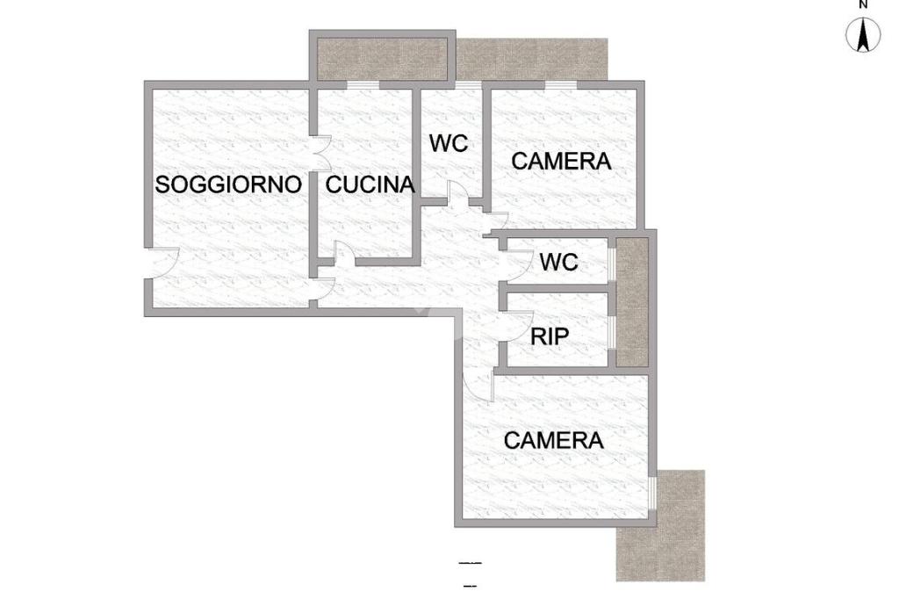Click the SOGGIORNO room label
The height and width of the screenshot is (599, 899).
tap(228, 184)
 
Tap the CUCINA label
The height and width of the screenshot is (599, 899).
tap(370, 184)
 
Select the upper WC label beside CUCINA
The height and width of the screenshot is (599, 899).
tap(449, 143)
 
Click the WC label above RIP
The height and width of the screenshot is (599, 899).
tap(558, 263)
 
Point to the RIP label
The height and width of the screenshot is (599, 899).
tap(550, 336)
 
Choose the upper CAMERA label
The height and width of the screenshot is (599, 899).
tap(561, 162)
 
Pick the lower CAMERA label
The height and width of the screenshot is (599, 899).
tap(553, 441)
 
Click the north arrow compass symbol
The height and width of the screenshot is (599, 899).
tap(863, 34)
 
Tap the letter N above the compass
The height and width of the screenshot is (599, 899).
tap(864, 4)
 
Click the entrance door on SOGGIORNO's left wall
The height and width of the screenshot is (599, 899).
tap(162, 263)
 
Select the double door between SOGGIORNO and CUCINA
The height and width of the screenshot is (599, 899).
tap(321, 153)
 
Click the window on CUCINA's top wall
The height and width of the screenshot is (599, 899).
tap(363, 85)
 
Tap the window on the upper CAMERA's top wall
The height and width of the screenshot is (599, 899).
tap(561, 85)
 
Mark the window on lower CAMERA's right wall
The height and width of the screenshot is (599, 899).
tap(652, 492)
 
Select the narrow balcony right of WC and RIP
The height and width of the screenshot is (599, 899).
tap(632, 302)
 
